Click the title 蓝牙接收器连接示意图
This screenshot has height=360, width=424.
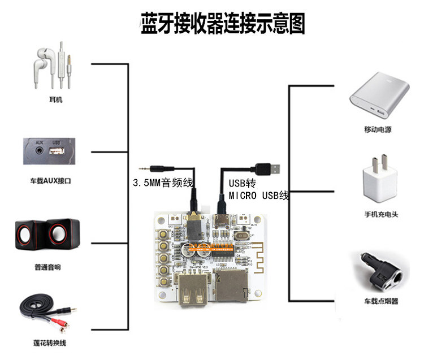[223, 24]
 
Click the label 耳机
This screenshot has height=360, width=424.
[55, 100]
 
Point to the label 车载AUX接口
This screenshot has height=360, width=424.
[54, 181]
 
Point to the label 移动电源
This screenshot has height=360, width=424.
[378, 129]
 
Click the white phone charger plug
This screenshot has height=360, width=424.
[381, 180]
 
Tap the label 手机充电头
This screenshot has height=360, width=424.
[381, 214]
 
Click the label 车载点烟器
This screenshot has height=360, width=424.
[381, 301]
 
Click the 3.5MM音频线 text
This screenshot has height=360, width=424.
[163, 183]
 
